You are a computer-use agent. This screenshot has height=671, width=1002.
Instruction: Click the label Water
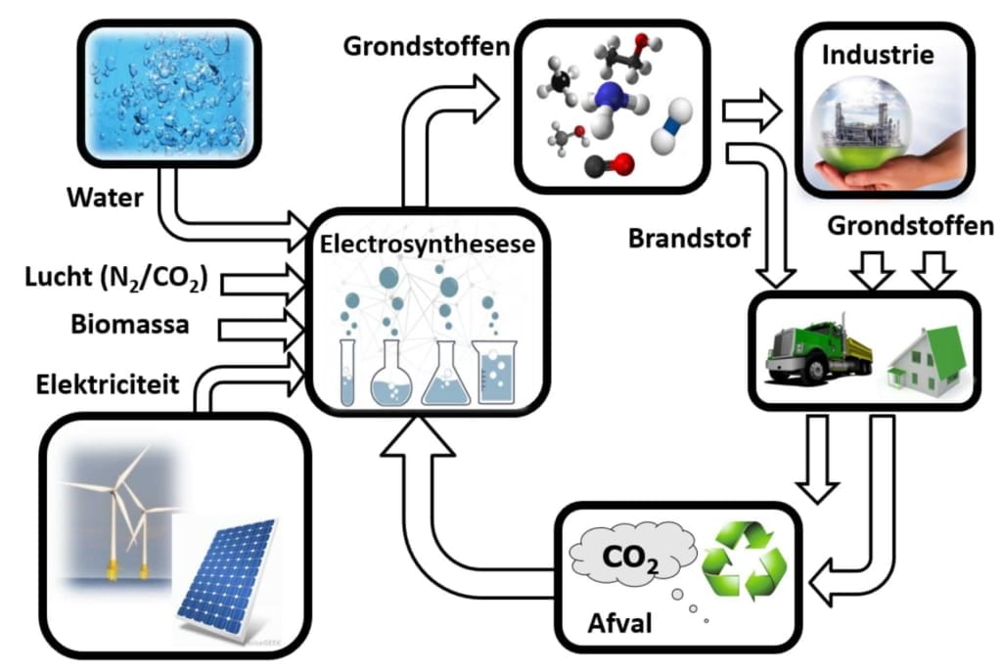[x=105, y=198]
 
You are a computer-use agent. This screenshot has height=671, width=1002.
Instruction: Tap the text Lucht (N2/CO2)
[x=116, y=278]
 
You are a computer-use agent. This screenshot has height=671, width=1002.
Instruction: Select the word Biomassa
[x=130, y=324]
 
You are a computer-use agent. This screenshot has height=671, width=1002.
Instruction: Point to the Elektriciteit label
[x=108, y=384]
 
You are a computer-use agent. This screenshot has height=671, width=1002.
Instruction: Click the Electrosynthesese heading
[x=427, y=245]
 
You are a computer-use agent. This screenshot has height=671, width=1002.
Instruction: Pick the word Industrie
[x=878, y=55]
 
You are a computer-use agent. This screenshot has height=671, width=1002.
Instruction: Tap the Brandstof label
[x=690, y=239]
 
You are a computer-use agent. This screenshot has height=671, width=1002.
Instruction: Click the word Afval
[x=619, y=623]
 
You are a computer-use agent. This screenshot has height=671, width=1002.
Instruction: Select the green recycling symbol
[x=744, y=561]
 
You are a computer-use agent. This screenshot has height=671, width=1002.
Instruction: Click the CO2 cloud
[x=633, y=554]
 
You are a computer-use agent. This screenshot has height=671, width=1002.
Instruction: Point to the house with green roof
[x=927, y=358]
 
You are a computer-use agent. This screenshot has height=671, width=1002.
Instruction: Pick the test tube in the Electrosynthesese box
[x=347, y=373]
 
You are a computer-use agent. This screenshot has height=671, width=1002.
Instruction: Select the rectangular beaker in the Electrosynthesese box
[x=494, y=372]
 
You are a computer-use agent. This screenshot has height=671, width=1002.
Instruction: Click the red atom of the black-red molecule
[x=622, y=163]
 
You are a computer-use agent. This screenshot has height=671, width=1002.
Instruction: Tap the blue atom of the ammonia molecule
[x=607, y=96]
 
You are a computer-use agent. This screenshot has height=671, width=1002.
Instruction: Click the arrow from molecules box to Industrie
[x=751, y=111]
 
